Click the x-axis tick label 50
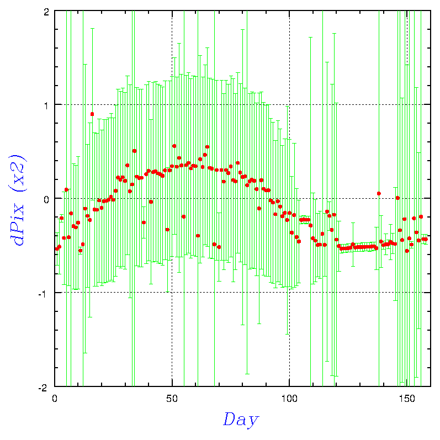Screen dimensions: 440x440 point(172,399)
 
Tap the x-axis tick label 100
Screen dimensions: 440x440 point(289,399)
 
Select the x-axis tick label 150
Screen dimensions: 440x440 point(407,399)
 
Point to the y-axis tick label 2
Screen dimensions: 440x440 point(46,12)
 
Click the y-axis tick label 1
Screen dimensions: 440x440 point(46,106)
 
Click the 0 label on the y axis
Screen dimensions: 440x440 point(46,200)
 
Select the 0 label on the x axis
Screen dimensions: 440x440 point(55,399)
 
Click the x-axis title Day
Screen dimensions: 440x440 point(241,420)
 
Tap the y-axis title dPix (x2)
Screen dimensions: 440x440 point(18,200)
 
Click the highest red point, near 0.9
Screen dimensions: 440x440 point(92,114)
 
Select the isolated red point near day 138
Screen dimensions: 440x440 point(379,193)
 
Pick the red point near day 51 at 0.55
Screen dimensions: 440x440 point(174,146)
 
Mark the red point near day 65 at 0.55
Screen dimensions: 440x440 point(207,147)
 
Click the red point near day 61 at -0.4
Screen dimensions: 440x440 point(198,236)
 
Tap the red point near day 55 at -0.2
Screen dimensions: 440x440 point(184,216)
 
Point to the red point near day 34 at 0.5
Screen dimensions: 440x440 point(134,151)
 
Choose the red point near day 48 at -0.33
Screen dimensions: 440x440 point(167,230)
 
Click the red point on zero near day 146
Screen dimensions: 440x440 point(397,198)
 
